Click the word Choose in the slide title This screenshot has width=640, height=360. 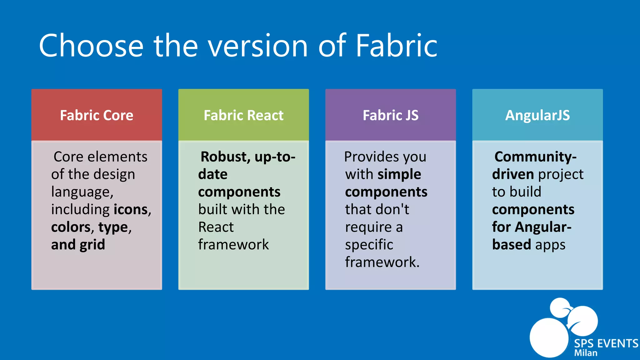[91, 46]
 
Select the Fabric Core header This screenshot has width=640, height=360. [97, 115]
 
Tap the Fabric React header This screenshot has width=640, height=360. [243, 115]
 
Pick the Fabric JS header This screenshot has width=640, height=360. [390, 115]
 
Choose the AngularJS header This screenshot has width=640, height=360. [537, 115]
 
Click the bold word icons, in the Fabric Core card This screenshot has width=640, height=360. [132, 209]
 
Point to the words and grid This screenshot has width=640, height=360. [78, 245]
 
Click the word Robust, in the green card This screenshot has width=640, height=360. [225, 157]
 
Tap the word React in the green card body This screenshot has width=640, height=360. [216, 227]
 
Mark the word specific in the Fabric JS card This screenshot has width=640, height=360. [369, 245]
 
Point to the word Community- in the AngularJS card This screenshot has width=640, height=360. [535, 157]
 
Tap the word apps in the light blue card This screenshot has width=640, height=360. [550, 245]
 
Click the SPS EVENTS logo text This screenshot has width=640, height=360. [606, 343]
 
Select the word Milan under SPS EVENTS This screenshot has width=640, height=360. [586, 353]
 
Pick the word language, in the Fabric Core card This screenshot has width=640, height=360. [82, 192]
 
